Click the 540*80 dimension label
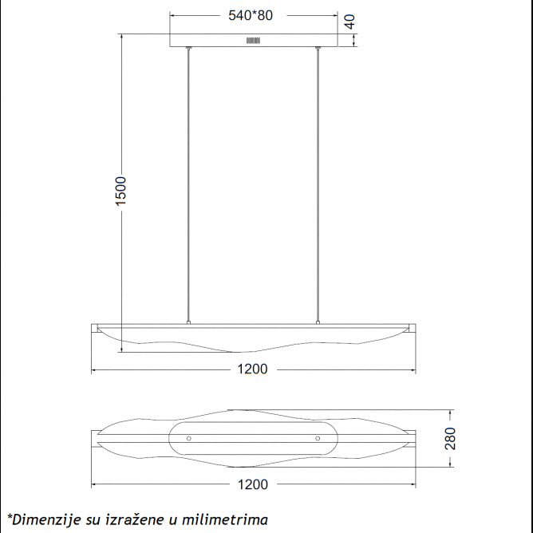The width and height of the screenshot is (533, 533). coord(251,16)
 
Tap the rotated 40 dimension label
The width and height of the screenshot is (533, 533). coord(349,22)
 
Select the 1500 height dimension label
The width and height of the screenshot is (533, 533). coord(120,191)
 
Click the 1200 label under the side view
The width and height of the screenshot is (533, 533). coord(252,369)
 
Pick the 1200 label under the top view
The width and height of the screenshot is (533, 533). coord(253,485)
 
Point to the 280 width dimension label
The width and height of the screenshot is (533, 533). coord(450,439)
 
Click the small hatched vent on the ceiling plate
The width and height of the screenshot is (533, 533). coord(253,41)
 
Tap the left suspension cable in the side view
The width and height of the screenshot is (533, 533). coord(188,186)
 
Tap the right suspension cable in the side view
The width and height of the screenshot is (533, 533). coord(318,186)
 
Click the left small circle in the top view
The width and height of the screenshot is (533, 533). coord(189,439)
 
